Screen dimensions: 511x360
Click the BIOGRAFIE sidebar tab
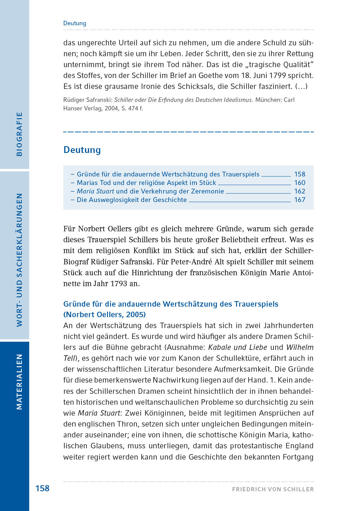coord(19,134)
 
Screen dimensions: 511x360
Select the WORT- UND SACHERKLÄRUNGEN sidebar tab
coord(19,260)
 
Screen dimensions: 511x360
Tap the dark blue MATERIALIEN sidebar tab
coord(19,382)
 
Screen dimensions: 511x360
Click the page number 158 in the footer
coord(42,489)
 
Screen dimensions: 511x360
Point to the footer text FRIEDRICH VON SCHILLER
coord(273,489)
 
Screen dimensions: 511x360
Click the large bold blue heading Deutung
coord(82,150)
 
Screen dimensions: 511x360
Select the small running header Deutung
coord(75,23)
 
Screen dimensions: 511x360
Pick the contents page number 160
coord(300,183)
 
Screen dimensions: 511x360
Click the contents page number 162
coord(300,191)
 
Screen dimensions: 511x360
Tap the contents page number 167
coord(300,200)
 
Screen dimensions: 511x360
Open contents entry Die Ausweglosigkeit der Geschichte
coord(131,200)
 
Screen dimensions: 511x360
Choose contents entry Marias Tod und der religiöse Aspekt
coord(146,183)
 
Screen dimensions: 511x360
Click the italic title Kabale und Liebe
coord(237,347)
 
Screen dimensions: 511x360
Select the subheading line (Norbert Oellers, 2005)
coord(105,314)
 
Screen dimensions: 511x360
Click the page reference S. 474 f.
coord(132,108)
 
